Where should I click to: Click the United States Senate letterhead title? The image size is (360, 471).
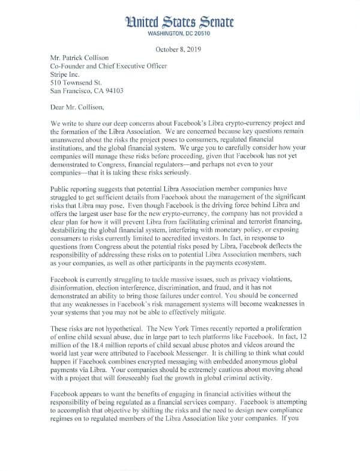180,22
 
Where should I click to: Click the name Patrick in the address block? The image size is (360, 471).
80,60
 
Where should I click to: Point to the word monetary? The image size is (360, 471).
232,228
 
